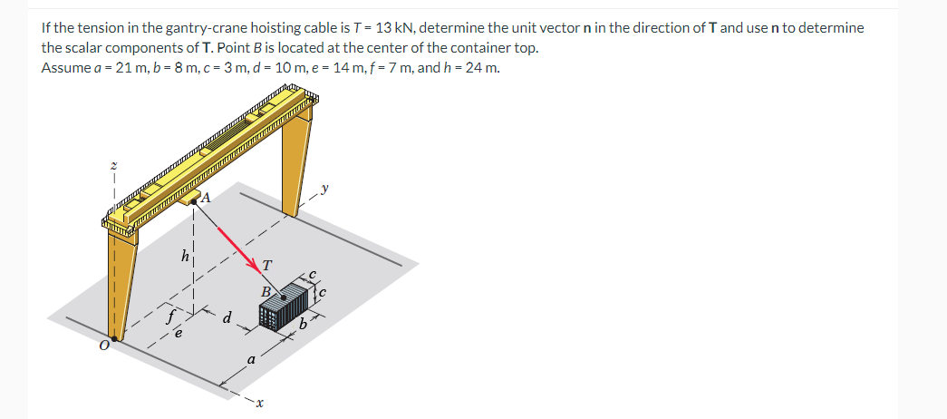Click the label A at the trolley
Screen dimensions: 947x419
(x=206, y=197)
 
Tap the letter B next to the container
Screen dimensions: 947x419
(x=266, y=291)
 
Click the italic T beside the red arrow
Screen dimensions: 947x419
(x=267, y=265)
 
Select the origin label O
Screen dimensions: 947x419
(x=104, y=345)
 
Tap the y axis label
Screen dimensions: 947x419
(x=325, y=189)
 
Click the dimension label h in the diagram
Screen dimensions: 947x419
(x=185, y=256)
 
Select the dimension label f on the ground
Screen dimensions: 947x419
(x=172, y=316)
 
